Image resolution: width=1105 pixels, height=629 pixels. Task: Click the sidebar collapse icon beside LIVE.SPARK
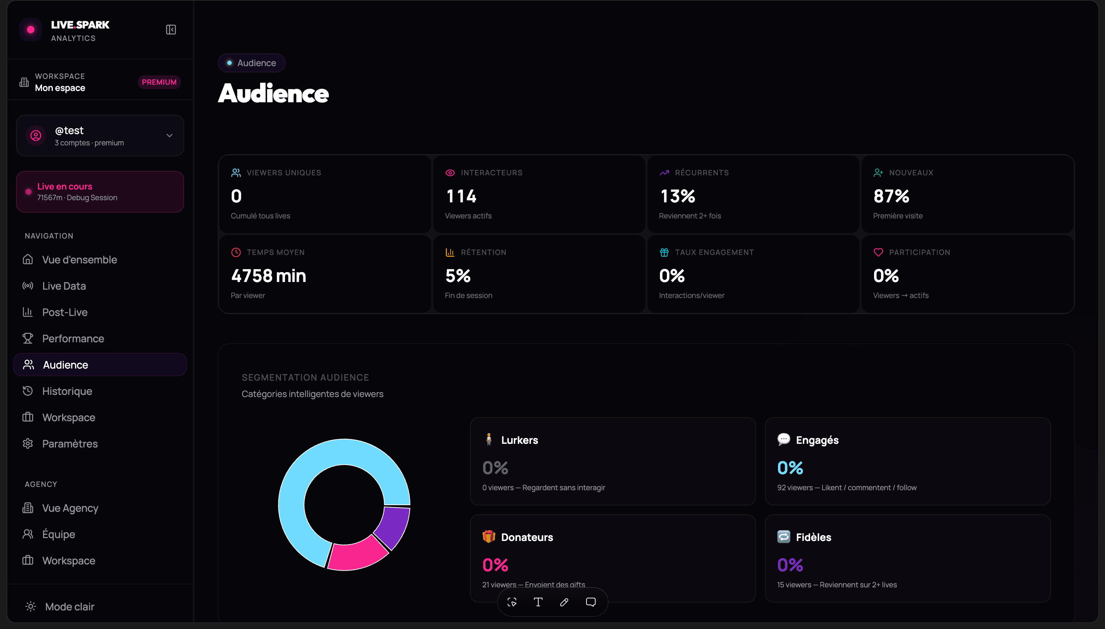click(171, 29)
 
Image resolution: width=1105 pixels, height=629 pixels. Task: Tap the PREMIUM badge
click(159, 82)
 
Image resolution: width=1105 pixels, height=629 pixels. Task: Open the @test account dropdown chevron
click(170, 135)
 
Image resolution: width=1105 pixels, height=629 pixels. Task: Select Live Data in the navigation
click(64, 286)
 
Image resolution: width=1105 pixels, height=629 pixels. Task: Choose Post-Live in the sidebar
click(65, 312)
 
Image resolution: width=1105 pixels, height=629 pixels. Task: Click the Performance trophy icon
click(28, 338)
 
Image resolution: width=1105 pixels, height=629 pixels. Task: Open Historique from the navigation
click(67, 391)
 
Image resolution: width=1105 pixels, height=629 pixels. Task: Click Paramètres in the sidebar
click(70, 444)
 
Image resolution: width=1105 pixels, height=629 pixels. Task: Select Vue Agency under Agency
click(70, 508)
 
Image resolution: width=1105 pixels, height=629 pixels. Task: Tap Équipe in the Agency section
click(58, 534)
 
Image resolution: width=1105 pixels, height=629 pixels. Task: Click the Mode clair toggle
click(61, 606)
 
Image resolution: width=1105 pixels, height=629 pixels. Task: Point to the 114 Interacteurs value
click(461, 196)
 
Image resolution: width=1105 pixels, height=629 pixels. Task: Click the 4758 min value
click(268, 276)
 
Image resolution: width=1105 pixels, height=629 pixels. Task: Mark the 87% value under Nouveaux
click(891, 196)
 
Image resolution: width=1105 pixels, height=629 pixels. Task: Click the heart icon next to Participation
click(878, 252)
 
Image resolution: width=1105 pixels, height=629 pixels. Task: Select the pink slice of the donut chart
click(357, 554)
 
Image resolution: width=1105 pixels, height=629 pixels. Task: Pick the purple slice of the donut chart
click(393, 527)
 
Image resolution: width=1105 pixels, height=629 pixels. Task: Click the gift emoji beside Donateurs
click(489, 537)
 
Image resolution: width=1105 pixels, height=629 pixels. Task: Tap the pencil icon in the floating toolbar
click(564, 602)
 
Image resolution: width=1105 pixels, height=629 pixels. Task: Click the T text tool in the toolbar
click(538, 602)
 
